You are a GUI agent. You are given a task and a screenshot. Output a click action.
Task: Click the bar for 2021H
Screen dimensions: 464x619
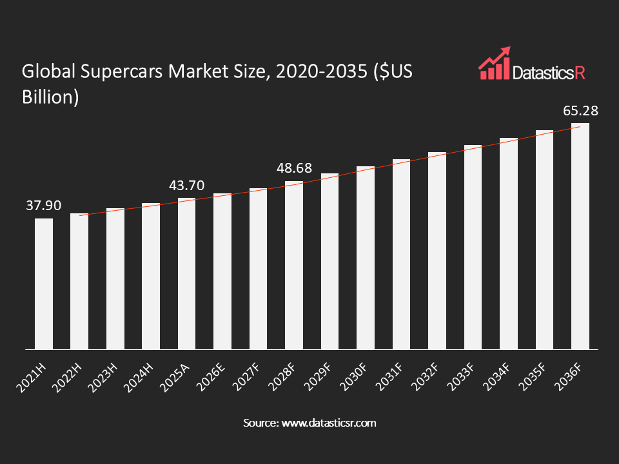point(44,284)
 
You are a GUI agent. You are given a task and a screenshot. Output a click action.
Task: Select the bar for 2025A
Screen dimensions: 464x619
point(186,273)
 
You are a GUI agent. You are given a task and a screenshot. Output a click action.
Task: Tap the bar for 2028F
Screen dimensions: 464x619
point(294,265)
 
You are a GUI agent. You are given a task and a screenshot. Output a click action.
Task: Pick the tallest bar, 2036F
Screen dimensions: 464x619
point(580,236)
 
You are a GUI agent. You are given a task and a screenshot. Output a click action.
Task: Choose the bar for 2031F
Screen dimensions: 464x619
point(401,254)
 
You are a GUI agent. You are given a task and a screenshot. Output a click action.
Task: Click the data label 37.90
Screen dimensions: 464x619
point(44,206)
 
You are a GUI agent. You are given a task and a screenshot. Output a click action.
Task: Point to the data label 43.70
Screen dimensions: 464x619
point(186,186)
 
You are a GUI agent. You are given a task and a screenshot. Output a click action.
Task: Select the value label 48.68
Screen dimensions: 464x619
point(294,168)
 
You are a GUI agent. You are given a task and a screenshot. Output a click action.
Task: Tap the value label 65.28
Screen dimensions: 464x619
point(580,111)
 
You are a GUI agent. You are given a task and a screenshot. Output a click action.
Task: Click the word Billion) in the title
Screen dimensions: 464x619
point(50,96)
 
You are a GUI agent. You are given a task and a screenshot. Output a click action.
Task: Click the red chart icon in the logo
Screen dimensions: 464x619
point(494,63)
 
